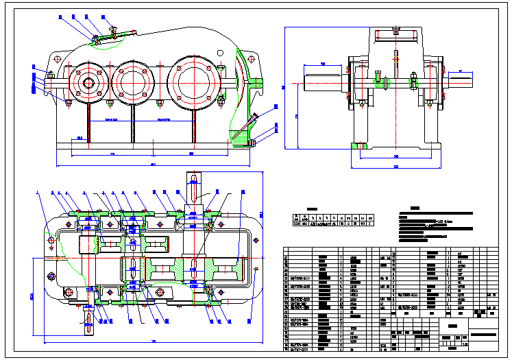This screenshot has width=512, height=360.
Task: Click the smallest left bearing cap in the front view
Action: (88, 82)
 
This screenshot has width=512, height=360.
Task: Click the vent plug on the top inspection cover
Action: (112, 29)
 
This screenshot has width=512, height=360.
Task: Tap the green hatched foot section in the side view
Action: (358, 145)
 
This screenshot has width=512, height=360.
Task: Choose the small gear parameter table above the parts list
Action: (333, 219)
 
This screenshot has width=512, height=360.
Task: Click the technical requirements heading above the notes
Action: (414, 208)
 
